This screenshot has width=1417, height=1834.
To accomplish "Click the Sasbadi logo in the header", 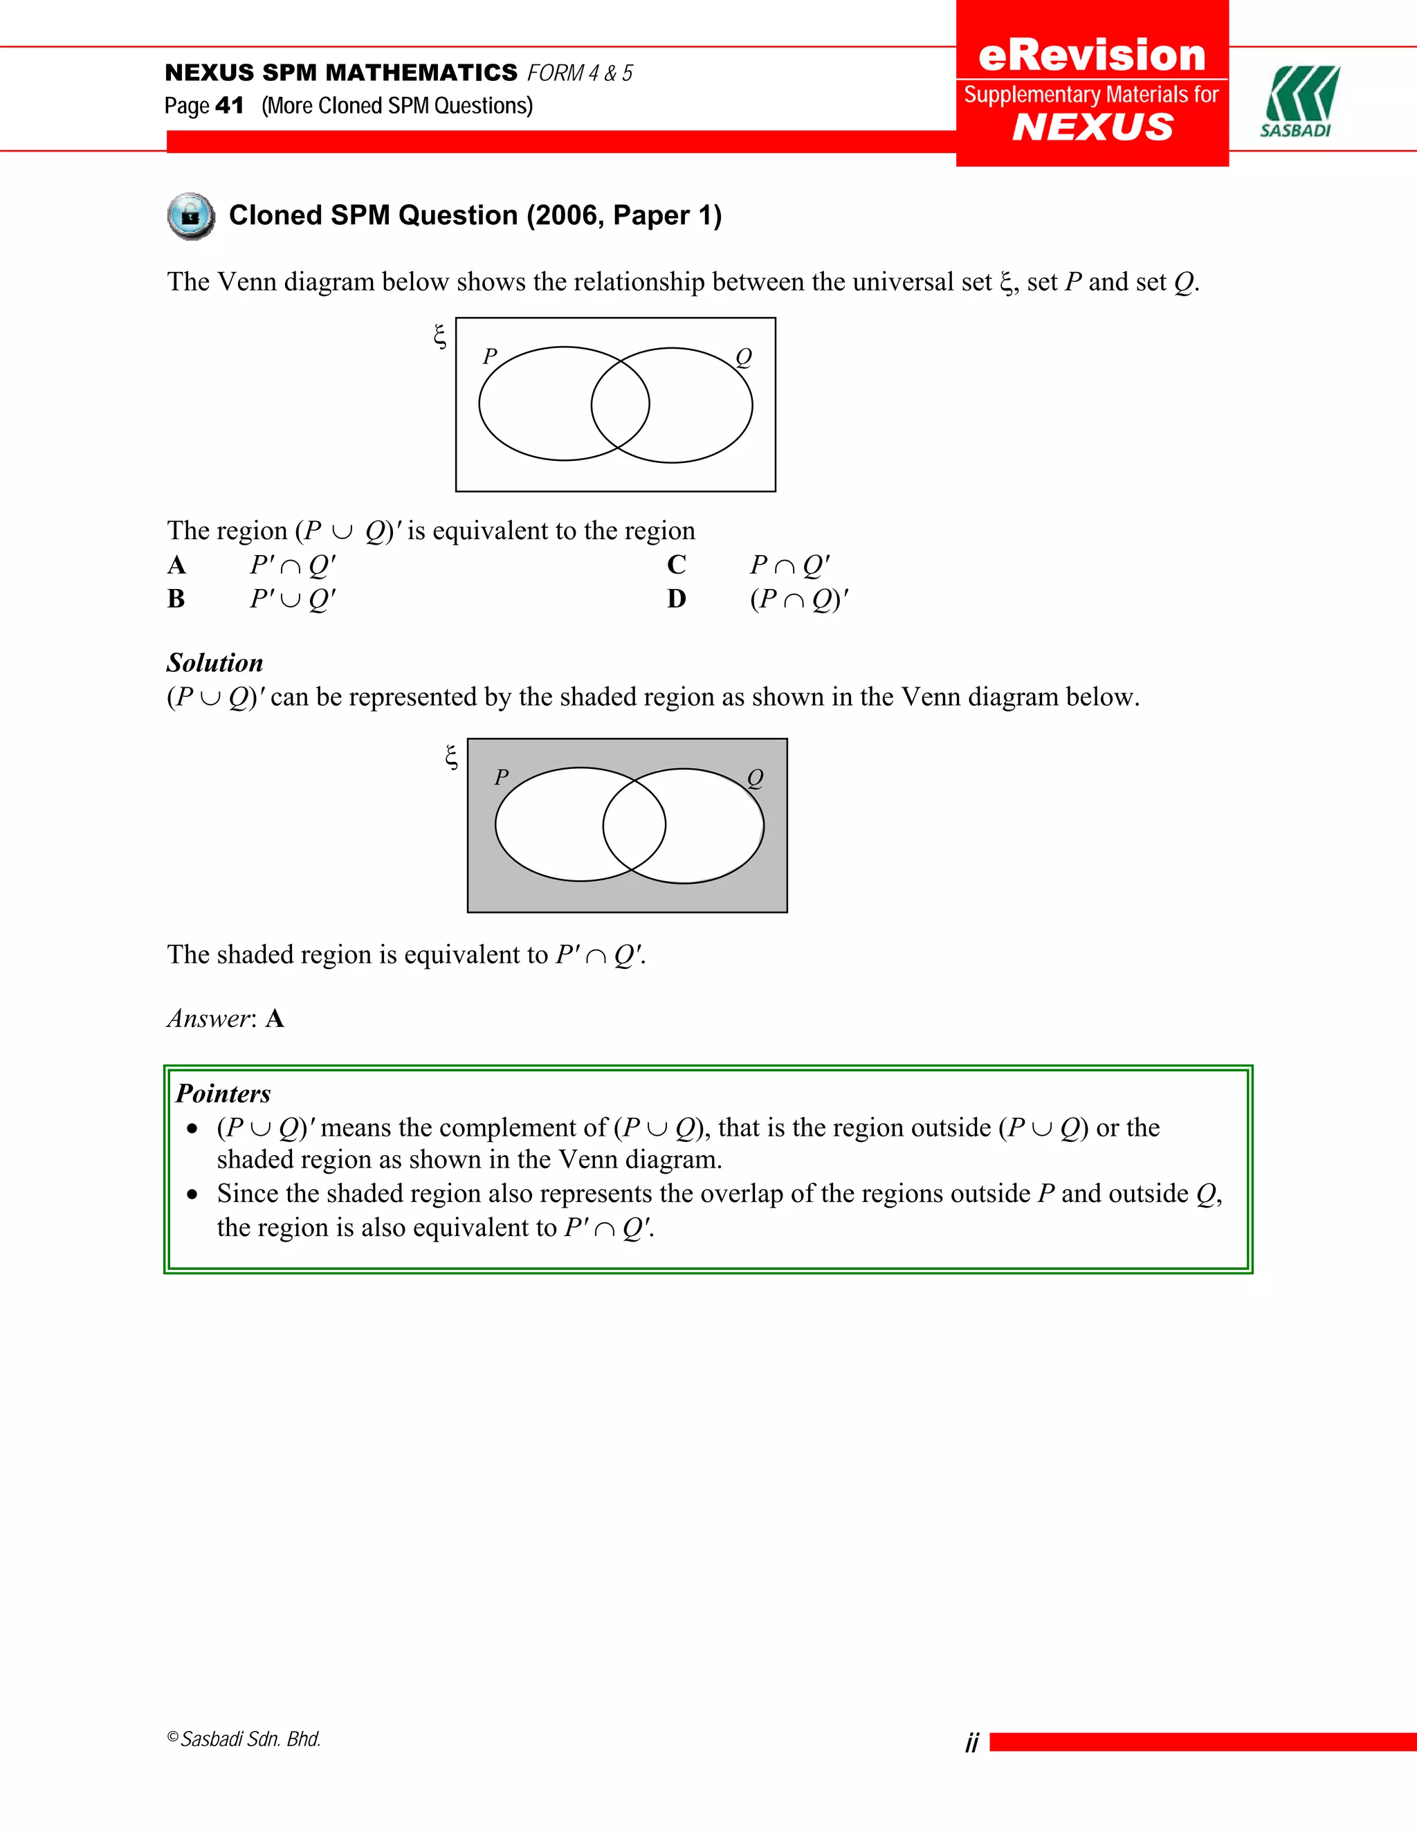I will (1299, 101).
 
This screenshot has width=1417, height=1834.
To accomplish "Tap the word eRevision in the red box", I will (1092, 55).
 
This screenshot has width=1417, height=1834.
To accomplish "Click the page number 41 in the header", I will (229, 106).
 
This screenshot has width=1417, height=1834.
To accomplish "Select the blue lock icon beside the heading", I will (190, 217).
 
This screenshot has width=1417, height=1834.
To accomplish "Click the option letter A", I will (176, 565).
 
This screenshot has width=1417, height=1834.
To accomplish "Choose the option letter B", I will (176, 599).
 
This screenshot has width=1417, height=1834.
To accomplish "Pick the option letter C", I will (677, 565).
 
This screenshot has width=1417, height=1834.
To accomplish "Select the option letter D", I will (677, 599).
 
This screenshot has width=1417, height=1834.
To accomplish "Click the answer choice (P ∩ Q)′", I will (799, 599).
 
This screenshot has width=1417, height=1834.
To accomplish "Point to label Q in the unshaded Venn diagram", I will (744, 358).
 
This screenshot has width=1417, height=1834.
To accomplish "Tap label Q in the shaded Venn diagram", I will (756, 779).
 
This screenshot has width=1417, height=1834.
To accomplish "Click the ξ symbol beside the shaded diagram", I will (452, 757).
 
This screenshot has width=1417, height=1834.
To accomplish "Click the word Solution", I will (215, 664).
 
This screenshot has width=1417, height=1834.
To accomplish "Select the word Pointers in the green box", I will (223, 1094).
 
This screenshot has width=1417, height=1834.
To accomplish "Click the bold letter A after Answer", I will (275, 1019).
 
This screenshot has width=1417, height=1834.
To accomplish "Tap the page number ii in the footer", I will (972, 1743).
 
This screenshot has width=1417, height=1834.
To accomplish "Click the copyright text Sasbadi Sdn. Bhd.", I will (250, 1739).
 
